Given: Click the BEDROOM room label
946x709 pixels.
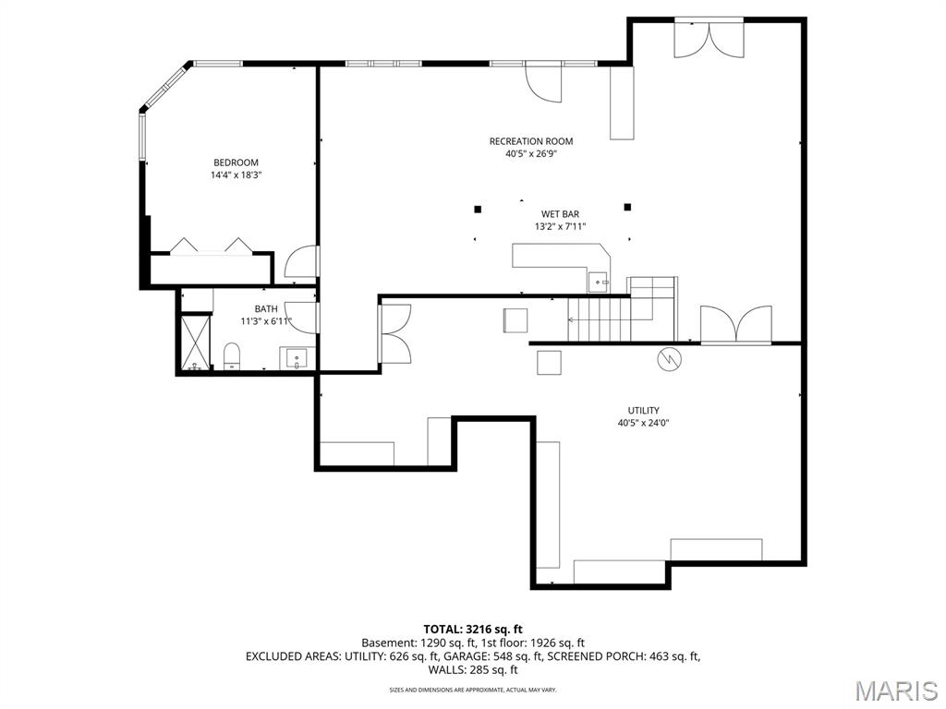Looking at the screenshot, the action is [x=236, y=162].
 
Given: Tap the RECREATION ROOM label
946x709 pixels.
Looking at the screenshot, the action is [x=531, y=141].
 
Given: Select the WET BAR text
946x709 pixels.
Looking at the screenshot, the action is [x=560, y=214].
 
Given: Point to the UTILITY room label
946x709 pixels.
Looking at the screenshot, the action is [x=643, y=410].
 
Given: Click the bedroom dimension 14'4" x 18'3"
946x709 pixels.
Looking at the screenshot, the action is [x=236, y=175].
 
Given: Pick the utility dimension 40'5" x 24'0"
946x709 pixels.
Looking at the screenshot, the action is [x=643, y=423].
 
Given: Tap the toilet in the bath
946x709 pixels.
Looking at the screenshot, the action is [x=232, y=355].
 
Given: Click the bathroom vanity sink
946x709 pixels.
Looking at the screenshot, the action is [x=297, y=357].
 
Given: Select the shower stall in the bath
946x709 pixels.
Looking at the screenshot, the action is [x=196, y=342].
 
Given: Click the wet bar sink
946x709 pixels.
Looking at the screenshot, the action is [x=598, y=282].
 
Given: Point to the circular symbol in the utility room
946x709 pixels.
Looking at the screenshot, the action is [x=669, y=359].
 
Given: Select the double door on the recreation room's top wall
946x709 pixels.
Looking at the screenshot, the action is [x=709, y=40].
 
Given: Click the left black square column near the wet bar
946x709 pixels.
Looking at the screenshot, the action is [x=478, y=210].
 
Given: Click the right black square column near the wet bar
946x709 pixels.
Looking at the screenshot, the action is [x=627, y=207].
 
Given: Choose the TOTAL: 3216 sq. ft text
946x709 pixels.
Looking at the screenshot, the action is [x=473, y=630].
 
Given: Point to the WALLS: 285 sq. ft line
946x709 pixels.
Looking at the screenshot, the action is [x=473, y=669].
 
